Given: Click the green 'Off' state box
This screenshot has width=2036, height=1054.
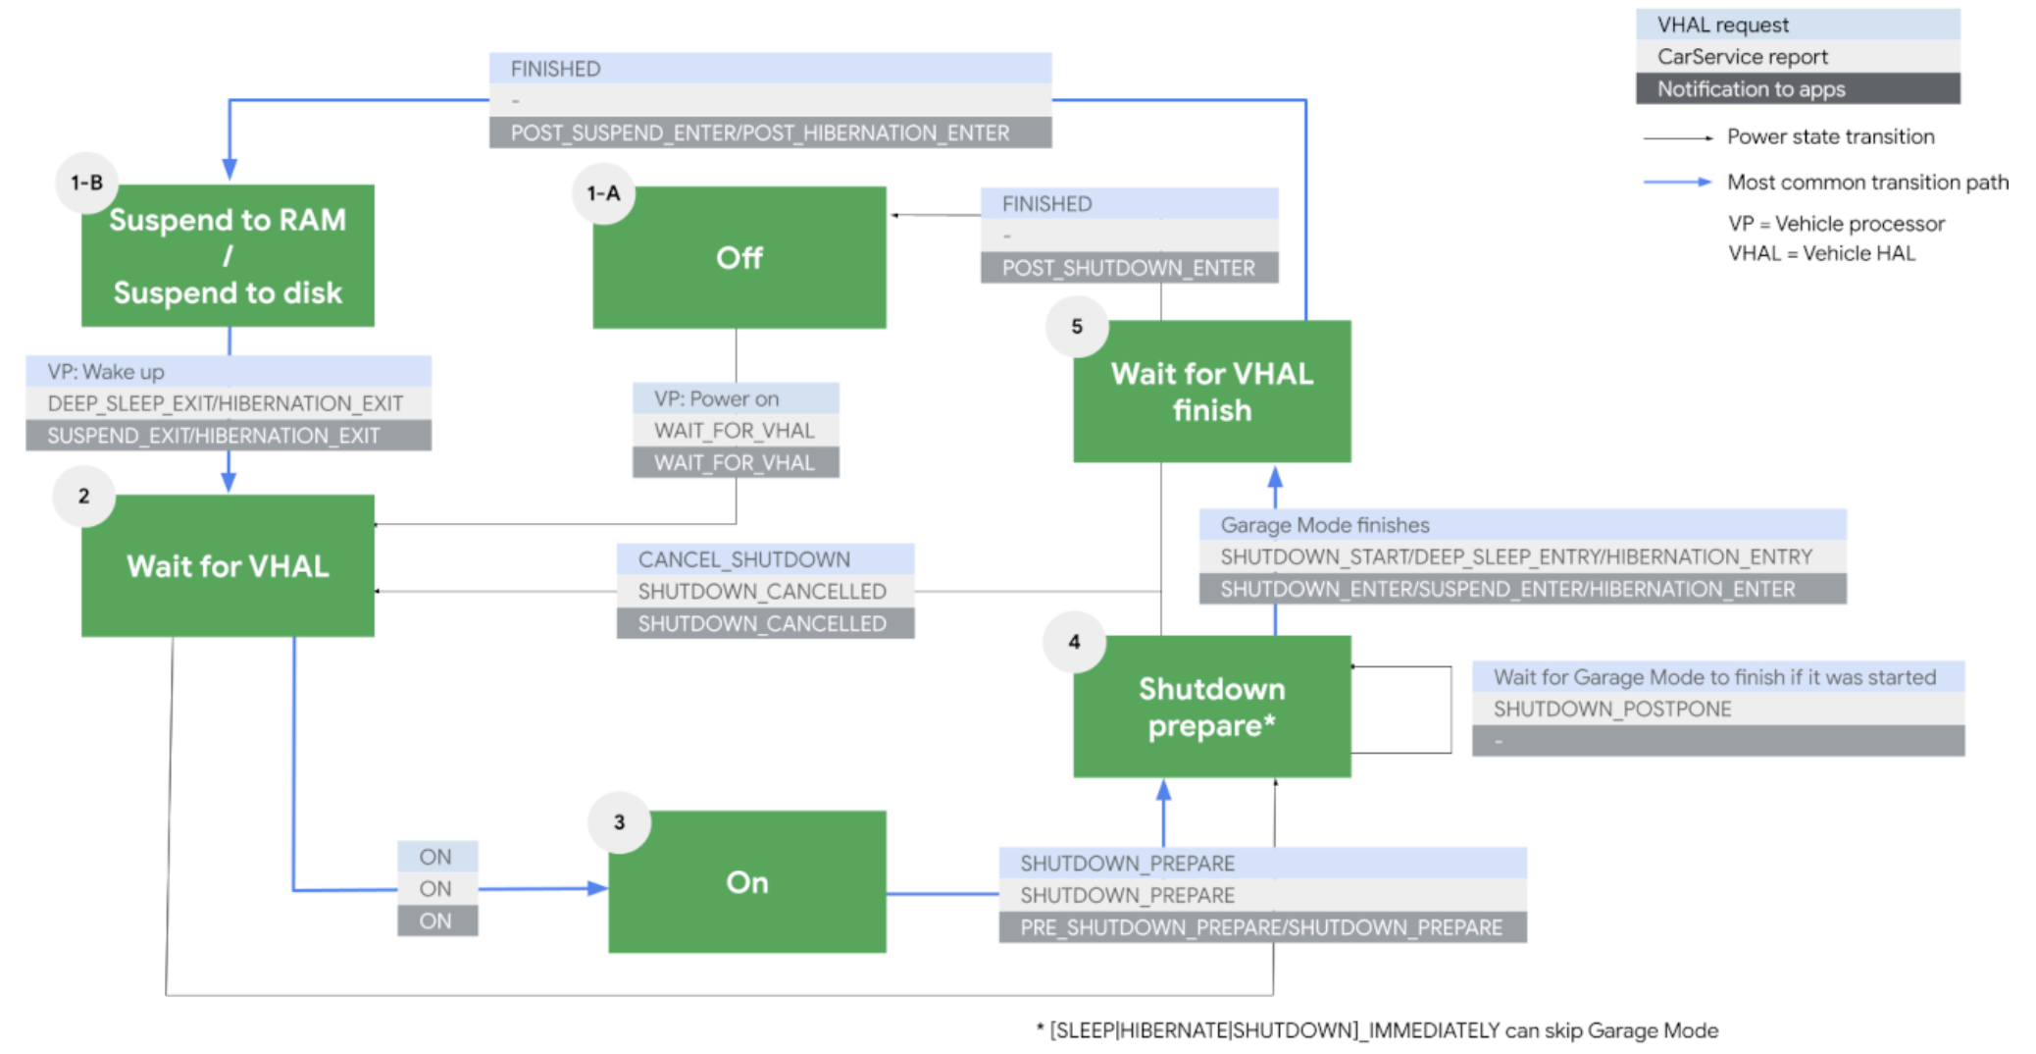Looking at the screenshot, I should [738, 257].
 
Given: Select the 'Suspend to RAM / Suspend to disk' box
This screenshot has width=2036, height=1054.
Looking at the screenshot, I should [228, 255].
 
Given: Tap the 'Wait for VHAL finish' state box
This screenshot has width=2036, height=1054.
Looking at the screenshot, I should [1211, 391].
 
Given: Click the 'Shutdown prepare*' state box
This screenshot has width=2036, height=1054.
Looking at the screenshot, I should [1211, 707].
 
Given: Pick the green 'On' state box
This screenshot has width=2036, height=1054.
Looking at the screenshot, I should [746, 881].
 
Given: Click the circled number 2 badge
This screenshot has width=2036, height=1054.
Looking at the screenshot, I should [84, 497].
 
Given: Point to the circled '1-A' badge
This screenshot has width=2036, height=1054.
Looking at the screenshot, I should [603, 193].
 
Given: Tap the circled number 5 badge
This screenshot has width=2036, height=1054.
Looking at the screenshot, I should [1077, 326].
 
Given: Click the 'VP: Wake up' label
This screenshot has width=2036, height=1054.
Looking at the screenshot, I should [106, 372].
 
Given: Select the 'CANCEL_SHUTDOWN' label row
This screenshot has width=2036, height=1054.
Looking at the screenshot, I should [743, 559].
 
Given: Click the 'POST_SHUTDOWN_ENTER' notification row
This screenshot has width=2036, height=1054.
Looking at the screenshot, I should [1128, 268].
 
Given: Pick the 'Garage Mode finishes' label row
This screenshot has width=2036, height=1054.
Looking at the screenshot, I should [1324, 525].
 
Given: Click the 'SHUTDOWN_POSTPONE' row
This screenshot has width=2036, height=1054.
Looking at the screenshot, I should [1611, 709].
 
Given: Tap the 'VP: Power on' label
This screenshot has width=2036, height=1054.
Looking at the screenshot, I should [716, 398].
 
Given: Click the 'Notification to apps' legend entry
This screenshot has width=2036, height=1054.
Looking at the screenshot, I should [1751, 89].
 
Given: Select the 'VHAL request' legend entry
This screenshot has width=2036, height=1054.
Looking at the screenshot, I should [1722, 25].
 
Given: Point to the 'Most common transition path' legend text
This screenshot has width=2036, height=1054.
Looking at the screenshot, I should [1866, 182].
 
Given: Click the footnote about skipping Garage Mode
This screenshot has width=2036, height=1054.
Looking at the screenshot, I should [1377, 1030].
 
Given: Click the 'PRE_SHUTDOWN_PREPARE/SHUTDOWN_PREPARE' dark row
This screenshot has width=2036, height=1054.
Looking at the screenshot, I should [1260, 927].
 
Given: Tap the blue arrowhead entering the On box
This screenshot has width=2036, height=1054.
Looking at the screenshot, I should [597, 888].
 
